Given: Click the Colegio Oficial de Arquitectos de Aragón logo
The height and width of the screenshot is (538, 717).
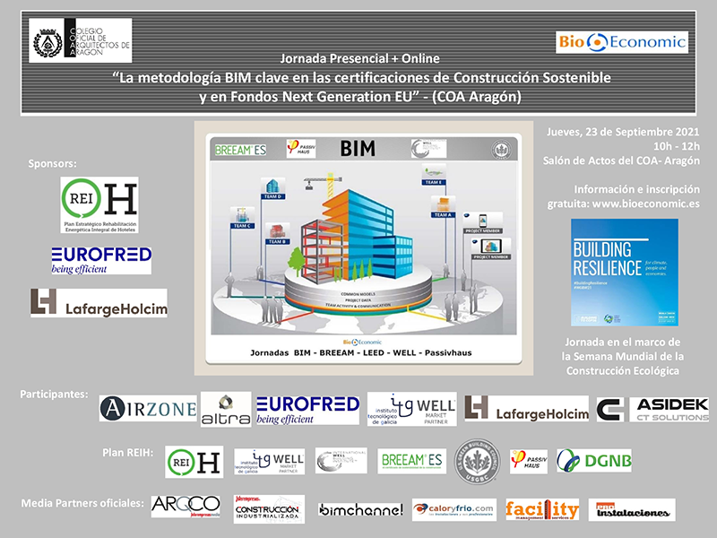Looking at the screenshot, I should (81, 40).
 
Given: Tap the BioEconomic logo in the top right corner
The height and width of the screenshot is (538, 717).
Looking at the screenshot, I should (621, 41).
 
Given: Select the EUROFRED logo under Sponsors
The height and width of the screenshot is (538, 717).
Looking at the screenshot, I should (100, 259).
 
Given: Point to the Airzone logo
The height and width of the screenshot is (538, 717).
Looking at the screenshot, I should (147, 409).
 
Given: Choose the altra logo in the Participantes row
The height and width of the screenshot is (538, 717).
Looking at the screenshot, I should (224, 410).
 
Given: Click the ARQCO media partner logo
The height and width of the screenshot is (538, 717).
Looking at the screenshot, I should (185, 507).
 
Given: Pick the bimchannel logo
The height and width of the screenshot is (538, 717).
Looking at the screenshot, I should (360, 510).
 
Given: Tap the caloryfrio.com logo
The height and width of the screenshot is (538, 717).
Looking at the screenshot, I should (454, 510).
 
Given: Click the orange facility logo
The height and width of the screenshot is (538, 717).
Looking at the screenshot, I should (541, 510).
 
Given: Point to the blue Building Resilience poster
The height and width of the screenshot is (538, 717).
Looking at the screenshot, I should (624, 272).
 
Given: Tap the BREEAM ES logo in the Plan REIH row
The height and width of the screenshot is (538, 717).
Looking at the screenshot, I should (411, 461).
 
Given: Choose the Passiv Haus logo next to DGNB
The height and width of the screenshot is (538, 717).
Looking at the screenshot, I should (528, 461).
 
